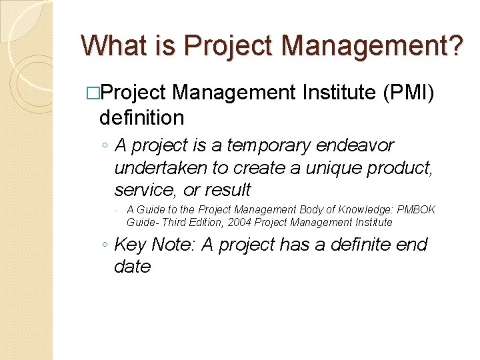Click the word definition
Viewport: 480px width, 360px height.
tap(141, 118)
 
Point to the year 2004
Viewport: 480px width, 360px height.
tap(239, 222)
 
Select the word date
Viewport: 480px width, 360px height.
tap(133, 267)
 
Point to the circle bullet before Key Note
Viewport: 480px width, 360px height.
tap(105, 245)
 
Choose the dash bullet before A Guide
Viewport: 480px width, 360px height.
tap(116, 210)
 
